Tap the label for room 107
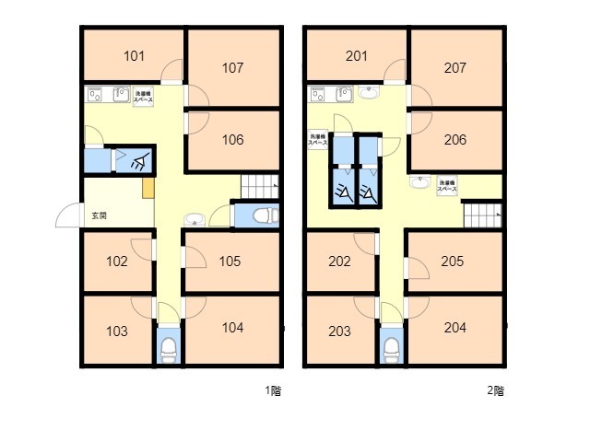(233, 68)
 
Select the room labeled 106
(233, 140)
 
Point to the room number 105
(230, 262)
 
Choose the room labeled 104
(233, 328)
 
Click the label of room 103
(116, 331)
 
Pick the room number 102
(116, 262)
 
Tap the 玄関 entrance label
(99, 216)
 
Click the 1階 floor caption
(274, 390)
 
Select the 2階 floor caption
(496, 390)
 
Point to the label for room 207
(454, 68)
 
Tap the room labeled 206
(454, 140)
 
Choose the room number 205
(453, 262)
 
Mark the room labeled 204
(454, 328)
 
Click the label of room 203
(339, 331)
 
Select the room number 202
(339, 262)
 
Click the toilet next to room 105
(260, 215)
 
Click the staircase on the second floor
(482, 215)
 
